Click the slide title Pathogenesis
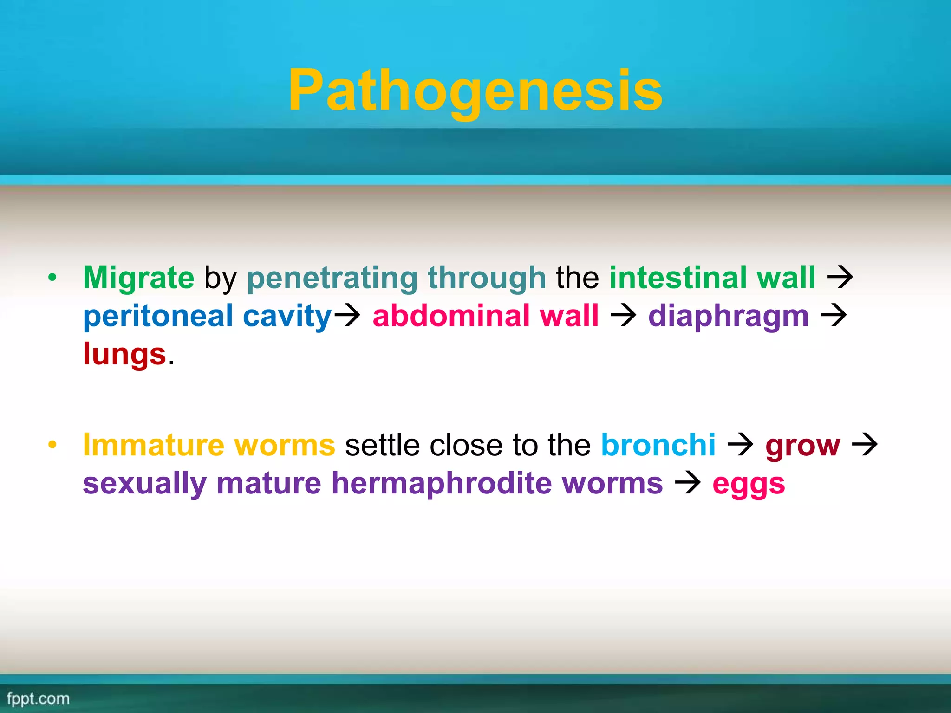[475, 90]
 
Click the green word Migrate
[138, 278]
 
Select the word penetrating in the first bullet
[332, 278]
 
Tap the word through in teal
[486, 278]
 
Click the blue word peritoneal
[158, 316]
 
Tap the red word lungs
[124, 354]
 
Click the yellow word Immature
[153, 445]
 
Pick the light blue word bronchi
[658, 445]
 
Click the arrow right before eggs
[687, 483]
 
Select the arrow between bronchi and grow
[740, 445]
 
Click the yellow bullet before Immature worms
[52, 445]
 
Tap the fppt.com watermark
[38, 699]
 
